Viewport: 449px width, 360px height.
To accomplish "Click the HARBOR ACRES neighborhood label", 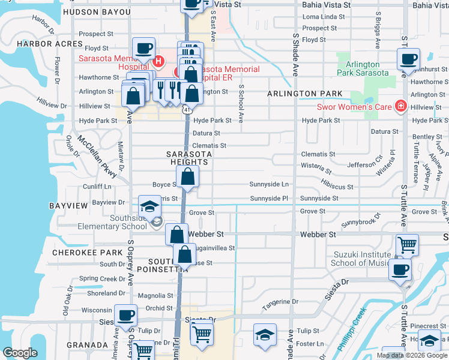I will (49, 44).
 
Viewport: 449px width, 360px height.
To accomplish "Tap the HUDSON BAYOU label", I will (97, 12).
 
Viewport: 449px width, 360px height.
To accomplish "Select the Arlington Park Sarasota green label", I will (362, 68).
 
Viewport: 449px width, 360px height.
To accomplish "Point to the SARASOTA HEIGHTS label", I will (188, 158).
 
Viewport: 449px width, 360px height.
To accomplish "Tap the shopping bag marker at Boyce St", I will (188, 177).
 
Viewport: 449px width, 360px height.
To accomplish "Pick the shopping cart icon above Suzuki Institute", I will (407, 244).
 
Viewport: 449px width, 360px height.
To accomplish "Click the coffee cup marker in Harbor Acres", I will (144, 48).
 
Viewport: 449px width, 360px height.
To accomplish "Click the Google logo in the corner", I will (20, 353).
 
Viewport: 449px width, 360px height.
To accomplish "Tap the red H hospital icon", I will (158, 61).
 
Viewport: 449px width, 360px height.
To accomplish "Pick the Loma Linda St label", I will (324, 17).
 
